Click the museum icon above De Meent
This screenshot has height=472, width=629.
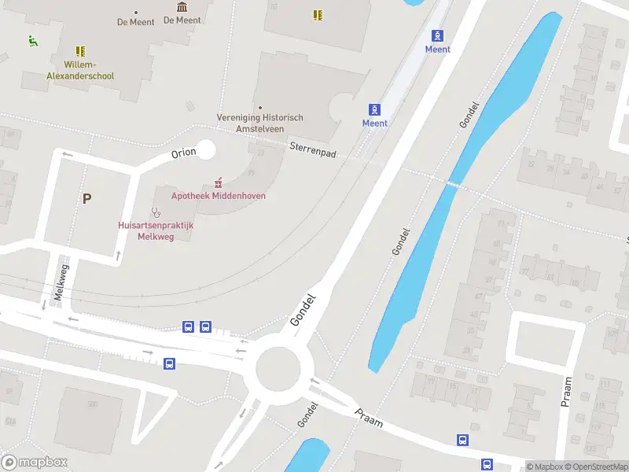(182, 7)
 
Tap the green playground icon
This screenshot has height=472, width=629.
(33, 41)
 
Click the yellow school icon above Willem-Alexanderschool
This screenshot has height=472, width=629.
(80, 51)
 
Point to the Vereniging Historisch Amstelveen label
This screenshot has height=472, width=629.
(260, 123)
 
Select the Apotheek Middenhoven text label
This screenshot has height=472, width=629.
(219, 196)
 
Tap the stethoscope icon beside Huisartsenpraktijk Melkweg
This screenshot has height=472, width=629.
(156, 212)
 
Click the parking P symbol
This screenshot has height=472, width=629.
(86, 198)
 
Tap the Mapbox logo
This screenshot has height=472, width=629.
(35, 462)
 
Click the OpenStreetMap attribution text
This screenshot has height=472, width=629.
(596, 466)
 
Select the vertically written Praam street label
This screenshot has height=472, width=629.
(566, 391)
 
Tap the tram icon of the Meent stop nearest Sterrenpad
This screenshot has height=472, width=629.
(375, 109)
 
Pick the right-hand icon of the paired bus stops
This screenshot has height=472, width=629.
(205, 326)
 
